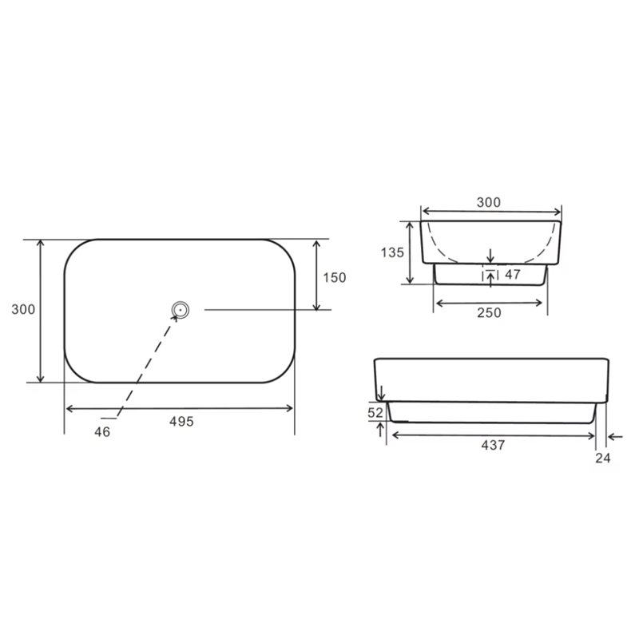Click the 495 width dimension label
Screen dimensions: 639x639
[181, 421]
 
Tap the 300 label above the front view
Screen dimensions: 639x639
[489, 202]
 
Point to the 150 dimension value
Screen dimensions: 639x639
[335, 278]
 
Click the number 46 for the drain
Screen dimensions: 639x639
[101, 431]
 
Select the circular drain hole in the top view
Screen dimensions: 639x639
[180, 309]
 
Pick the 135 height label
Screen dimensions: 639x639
[391, 252]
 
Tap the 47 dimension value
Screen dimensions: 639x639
[514, 274]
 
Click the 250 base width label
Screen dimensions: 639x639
[489, 313]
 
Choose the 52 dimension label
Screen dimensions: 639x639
[375, 413]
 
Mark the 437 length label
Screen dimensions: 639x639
[493, 446]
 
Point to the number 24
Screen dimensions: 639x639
[602, 458]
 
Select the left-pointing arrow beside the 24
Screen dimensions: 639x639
[614, 436]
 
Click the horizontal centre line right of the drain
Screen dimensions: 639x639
[256, 309]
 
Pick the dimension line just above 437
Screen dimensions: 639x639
[491, 435]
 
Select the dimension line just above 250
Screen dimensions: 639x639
[489, 302]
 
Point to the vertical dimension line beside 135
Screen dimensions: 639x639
[411, 252]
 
